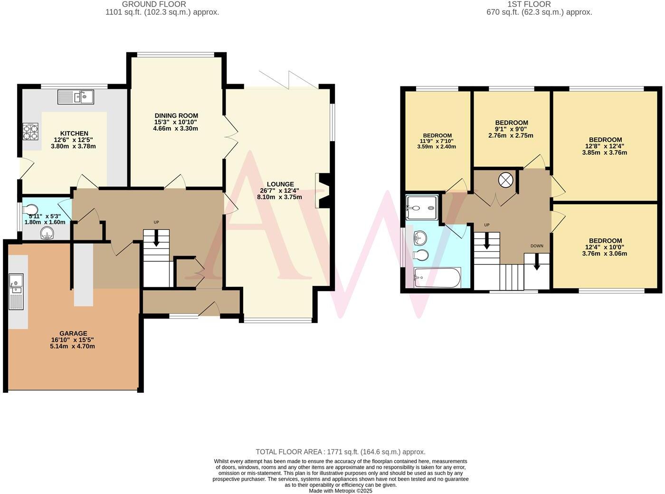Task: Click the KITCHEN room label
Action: click(x=74, y=133)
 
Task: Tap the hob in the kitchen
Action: click(x=30, y=132)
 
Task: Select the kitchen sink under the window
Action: click(x=76, y=97)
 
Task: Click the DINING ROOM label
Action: click(x=176, y=115)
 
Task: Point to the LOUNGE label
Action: click(x=280, y=184)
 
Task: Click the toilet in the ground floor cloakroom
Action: click(x=30, y=209)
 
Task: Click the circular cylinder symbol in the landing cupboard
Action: click(x=505, y=180)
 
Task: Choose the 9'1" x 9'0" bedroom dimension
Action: click(x=511, y=129)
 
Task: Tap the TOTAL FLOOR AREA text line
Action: click(x=340, y=452)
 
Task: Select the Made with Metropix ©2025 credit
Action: click(x=340, y=491)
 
